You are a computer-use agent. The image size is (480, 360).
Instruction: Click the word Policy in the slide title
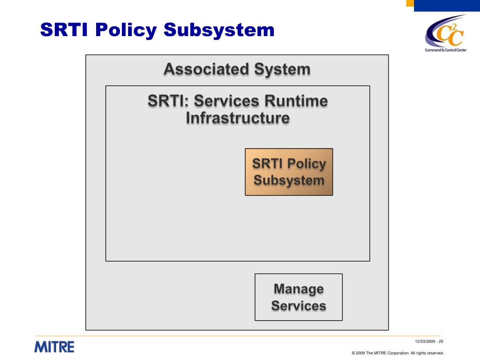tap(126, 30)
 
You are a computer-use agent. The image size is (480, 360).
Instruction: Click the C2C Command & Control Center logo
tap(446, 33)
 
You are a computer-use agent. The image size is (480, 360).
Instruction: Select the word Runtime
tap(296, 101)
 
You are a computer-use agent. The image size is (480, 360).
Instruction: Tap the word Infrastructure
tap(238, 118)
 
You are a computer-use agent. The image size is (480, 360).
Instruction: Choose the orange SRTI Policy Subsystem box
tap(289, 172)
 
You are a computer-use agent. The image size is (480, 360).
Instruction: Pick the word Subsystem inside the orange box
tap(289, 180)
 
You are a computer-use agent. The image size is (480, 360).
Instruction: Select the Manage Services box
tap(299, 297)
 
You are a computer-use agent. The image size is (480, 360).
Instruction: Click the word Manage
tap(299, 289)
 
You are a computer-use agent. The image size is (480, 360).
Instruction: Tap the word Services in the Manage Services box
tap(299, 306)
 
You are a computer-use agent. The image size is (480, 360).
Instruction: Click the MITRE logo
tap(54, 347)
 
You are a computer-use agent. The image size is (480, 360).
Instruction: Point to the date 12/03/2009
tap(425, 341)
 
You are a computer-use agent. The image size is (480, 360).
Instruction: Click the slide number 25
tap(441, 341)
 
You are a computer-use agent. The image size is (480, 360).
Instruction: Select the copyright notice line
tap(397, 353)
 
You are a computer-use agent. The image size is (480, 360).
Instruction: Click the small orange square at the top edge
tap(410, 3)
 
